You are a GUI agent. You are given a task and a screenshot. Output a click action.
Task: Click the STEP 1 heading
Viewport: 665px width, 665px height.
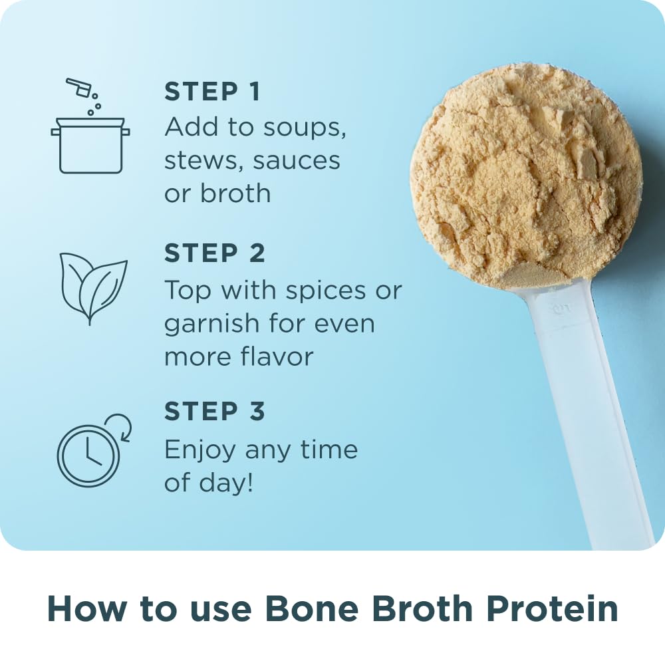(212, 92)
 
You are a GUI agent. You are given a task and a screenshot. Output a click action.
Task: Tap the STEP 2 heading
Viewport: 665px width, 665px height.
(214, 253)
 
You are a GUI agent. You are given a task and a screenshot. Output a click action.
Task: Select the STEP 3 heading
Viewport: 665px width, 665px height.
(214, 412)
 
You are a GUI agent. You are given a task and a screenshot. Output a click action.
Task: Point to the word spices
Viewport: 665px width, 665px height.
(320, 291)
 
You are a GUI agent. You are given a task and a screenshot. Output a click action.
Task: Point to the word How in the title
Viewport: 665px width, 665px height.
(83, 609)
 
